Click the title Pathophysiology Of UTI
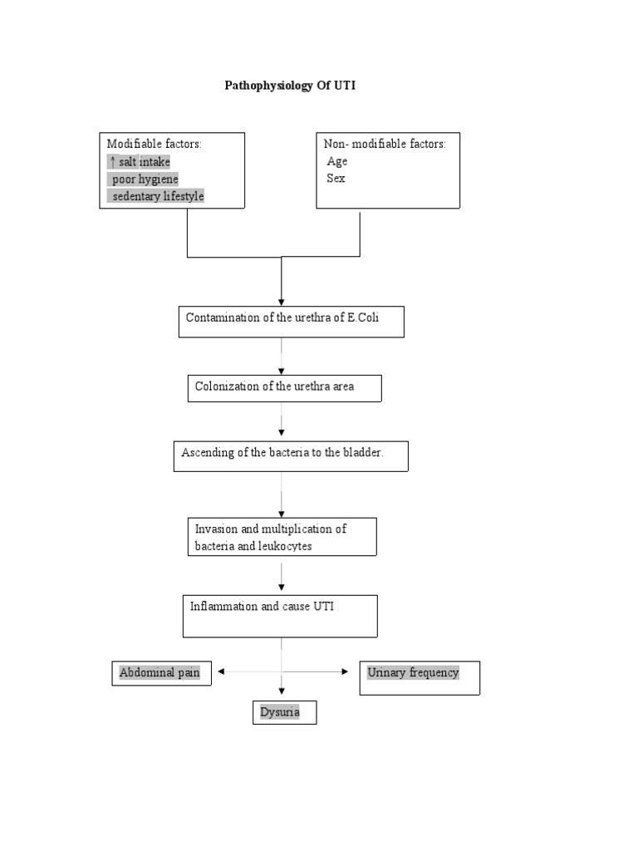click(290, 86)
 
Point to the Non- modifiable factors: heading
click(385, 144)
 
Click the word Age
click(336, 161)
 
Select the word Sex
click(335, 179)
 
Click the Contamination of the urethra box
click(291, 322)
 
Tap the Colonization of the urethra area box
click(284, 388)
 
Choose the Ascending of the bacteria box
click(291, 456)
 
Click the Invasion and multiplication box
click(282, 537)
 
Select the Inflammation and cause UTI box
click(280, 616)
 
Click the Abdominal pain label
click(160, 673)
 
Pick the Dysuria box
click(284, 713)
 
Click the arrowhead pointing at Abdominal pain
click(219, 671)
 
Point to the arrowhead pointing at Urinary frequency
click(346, 671)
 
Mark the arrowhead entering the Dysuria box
click(282, 691)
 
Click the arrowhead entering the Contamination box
click(282, 302)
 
